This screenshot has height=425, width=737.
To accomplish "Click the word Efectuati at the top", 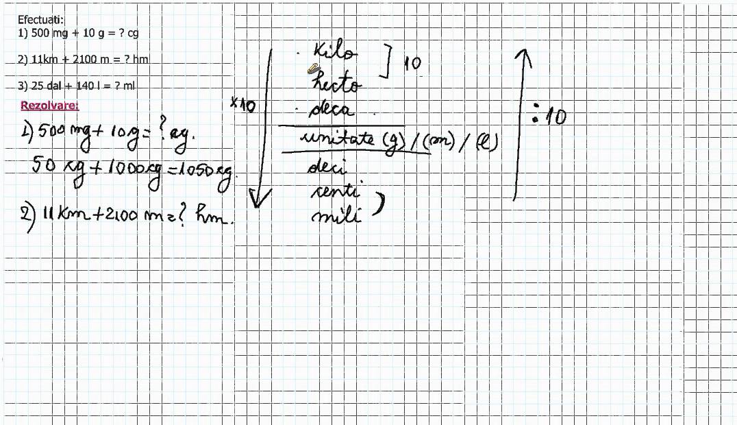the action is point(40,20).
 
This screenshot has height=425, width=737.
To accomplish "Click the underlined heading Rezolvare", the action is point(49,106).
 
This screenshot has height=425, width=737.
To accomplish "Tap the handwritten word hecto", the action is point(335,84).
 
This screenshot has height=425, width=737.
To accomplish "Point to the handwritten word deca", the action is point(332,110).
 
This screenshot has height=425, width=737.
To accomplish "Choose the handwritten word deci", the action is point(327,167).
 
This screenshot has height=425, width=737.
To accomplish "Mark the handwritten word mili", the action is point(336,218).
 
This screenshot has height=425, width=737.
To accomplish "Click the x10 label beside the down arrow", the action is point(242,104).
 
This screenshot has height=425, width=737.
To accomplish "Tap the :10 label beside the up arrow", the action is point(550,117).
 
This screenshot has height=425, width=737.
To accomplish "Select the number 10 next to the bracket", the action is point(412,64).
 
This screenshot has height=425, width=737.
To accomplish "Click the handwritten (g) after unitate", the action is point(393,142).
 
